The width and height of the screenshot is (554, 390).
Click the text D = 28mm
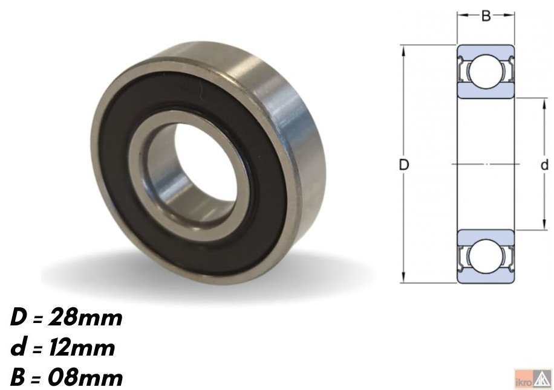pos(67,318)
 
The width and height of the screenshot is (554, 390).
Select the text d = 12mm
pos(62,348)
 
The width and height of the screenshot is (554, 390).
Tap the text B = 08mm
pos(67,377)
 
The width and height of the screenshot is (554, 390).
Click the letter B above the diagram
pos(486,16)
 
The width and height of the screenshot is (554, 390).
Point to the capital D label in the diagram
pos(404,165)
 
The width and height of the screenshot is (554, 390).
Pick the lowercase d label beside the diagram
pos(544,165)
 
